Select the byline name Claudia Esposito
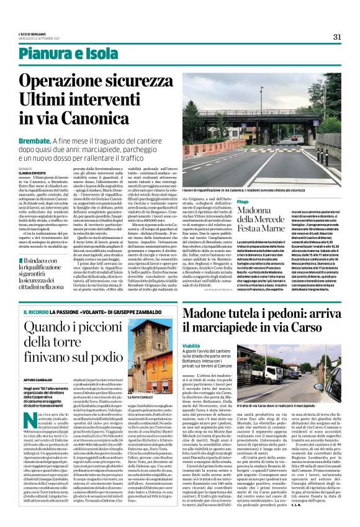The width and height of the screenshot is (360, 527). coord(50,172)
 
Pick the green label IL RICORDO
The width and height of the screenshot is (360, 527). coord(52,311)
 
